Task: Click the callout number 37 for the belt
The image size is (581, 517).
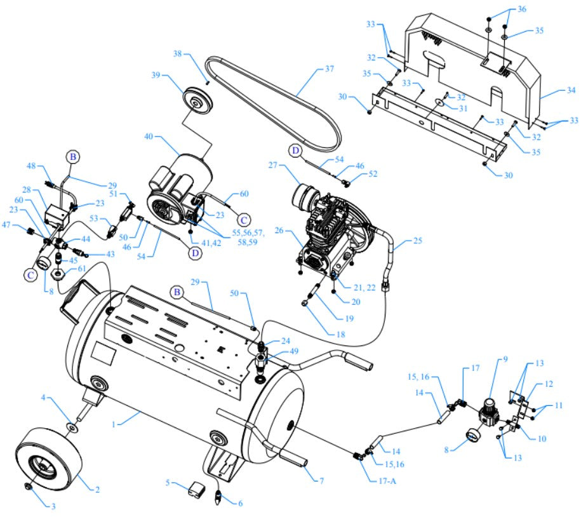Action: (328, 68)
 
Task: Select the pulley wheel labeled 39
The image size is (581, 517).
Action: (196, 101)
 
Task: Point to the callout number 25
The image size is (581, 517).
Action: (417, 241)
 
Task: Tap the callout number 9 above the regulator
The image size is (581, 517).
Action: (505, 359)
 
